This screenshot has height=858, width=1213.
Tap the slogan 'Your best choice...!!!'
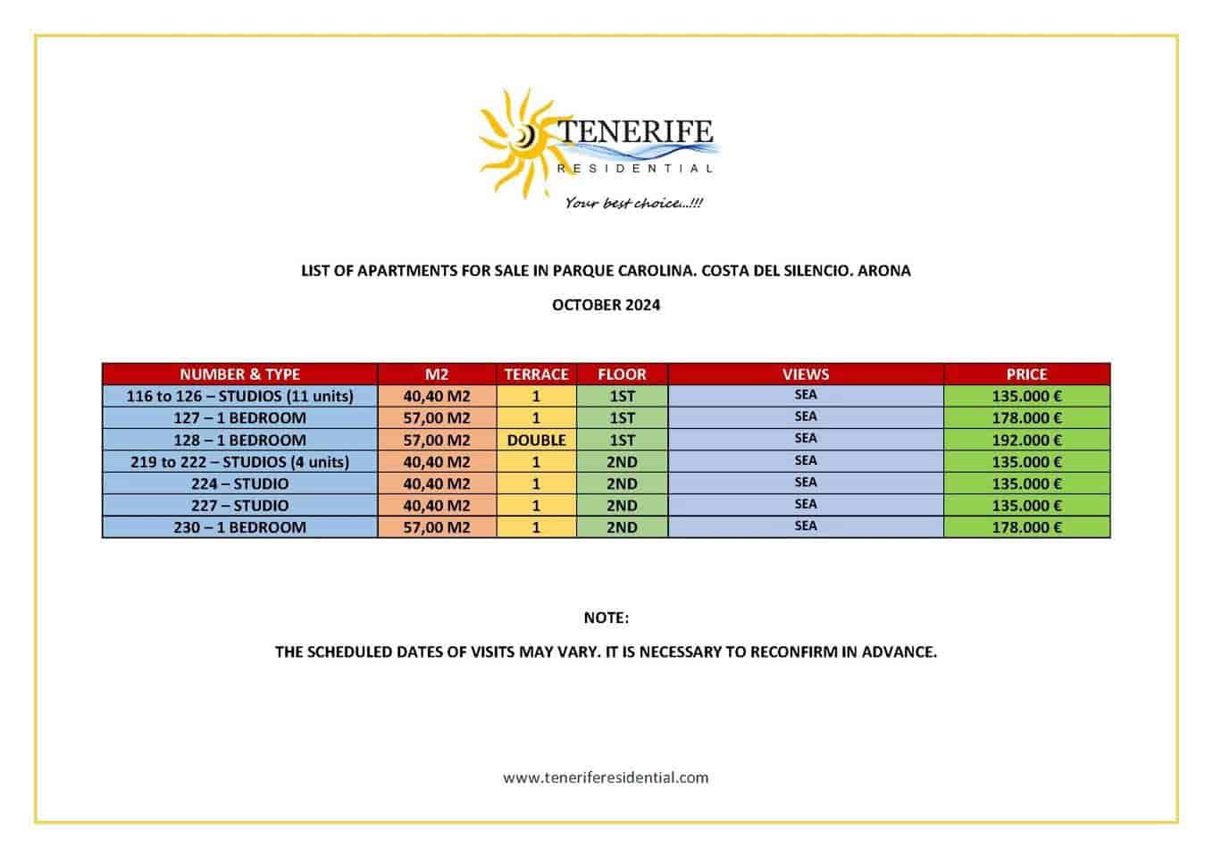[633, 203]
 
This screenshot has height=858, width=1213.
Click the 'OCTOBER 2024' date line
[606, 305]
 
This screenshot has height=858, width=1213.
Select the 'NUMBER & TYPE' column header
[239, 374]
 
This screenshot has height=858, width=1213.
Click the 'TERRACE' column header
[536, 374]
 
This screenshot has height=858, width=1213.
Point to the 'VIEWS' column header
[806, 374]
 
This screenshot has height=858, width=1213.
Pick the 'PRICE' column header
[1026, 374]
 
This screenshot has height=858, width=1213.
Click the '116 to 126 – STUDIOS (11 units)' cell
[239, 396]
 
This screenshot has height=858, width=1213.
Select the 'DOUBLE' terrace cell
[536, 440]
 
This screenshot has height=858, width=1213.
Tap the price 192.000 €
[1026, 440]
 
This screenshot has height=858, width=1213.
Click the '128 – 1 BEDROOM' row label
[239, 440]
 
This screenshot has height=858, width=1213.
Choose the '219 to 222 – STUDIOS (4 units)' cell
[239, 462]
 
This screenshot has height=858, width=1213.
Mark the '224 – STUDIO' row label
[239, 484]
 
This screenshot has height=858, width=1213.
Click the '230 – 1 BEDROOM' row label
[239, 527]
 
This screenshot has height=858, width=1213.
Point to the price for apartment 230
[1026, 527]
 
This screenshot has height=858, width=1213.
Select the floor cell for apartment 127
[622, 417]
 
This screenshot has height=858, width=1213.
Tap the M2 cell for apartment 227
[436, 505]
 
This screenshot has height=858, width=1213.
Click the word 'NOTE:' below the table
[606, 618]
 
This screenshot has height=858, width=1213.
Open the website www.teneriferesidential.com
[606, 778]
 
